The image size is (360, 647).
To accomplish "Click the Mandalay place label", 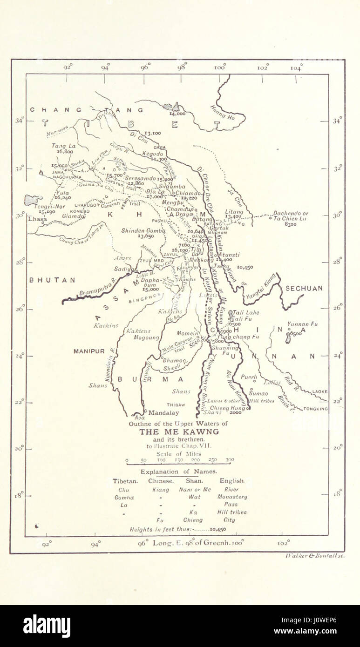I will [x=163, y=412].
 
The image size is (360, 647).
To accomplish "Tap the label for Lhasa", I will [x=37, y=218].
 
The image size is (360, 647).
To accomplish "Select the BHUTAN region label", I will [x=52, y=280].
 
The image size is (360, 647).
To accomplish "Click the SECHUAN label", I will [x=304, y=288].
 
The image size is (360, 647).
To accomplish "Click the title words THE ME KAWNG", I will [x=180, y=431].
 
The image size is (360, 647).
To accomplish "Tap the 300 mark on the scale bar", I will [x=230, y=460].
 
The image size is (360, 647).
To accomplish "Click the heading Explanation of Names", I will [x=179, y=471].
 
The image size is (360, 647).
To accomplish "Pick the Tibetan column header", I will [x=125, y=481].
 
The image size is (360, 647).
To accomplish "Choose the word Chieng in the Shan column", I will [x=193, y=520].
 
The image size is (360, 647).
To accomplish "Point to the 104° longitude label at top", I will [x=296, y=67].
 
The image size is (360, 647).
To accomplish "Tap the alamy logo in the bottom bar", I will [x=47, y=627].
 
